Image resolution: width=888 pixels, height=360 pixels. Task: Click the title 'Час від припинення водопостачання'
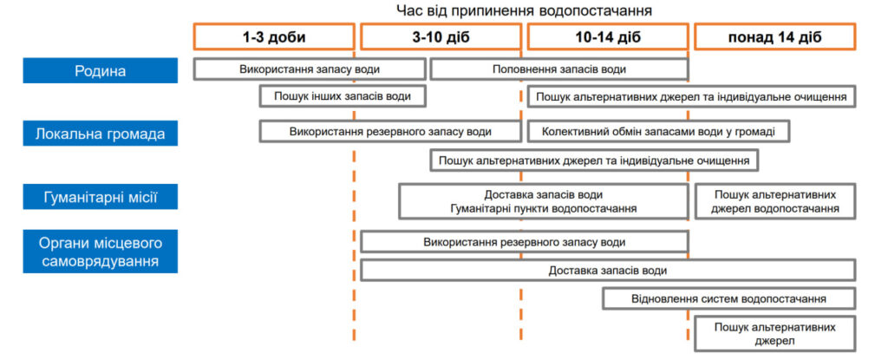(525, 10)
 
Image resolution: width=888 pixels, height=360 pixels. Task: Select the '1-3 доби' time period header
(273, 37)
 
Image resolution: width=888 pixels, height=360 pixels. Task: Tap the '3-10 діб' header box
(441, 37)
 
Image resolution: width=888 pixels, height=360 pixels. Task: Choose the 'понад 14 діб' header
(774, 37)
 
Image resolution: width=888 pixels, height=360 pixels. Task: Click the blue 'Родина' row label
(100, 70)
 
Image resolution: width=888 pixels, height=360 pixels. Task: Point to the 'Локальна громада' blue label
(100, 134)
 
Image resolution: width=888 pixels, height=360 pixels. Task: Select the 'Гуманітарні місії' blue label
(100, 198)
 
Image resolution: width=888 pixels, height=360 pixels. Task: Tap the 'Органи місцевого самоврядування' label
(100, 251)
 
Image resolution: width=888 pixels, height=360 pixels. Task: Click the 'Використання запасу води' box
(309, 69)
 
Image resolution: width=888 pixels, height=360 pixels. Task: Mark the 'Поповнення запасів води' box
(558, 69)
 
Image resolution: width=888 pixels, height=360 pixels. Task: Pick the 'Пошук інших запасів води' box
(343, 95)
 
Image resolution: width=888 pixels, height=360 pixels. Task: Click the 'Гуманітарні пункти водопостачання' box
(544, 209)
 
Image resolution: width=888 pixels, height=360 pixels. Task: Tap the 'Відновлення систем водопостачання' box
(728, 299)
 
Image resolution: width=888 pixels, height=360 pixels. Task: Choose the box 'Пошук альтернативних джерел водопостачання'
(774, 201)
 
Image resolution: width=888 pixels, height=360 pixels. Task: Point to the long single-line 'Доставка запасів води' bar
(607, 271)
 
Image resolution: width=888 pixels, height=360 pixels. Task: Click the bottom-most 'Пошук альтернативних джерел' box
(774, 334)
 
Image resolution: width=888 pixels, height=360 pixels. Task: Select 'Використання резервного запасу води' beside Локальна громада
(390, 132)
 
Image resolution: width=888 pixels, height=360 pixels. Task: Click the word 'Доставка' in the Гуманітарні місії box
(511, 194)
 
